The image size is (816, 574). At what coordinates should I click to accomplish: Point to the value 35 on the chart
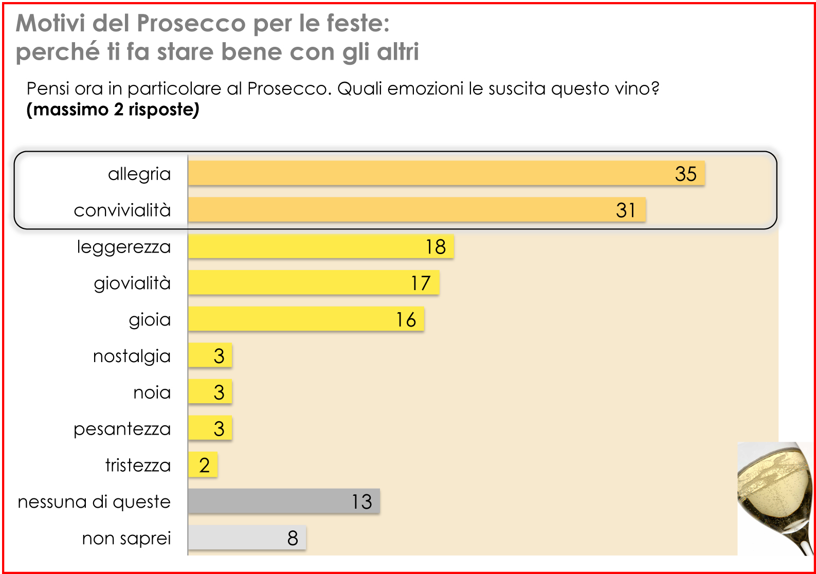pos(685,174)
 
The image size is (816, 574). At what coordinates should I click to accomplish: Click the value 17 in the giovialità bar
pos(420,283)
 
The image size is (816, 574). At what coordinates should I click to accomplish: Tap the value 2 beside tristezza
pos(205,465)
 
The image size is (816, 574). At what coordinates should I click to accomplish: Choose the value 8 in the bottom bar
pos(293,539)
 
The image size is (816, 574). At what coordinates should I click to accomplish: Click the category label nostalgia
pos(132,356)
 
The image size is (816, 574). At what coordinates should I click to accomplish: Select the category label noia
pos(152,392)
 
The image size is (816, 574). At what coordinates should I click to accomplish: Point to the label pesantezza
pos(122,429)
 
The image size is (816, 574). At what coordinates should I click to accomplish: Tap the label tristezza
pos(138,465)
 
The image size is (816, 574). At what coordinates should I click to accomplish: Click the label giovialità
pos(132,283)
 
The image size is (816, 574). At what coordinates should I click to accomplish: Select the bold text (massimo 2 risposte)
pos(113,110)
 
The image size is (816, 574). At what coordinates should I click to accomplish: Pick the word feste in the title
pos(357,23)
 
